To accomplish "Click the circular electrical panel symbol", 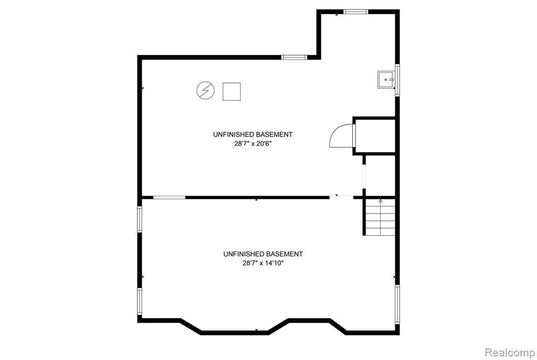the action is point(206,90).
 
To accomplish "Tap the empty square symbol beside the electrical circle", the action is point(231,91).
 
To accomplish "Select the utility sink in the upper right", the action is point(386,80).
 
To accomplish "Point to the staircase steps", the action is point(381,217).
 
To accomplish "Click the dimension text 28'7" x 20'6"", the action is point(253,144).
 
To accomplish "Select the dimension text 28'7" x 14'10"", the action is point(263,263).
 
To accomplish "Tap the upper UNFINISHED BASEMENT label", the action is point(253,134).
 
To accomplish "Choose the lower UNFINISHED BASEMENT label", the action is point(263,254).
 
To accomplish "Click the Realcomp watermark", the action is point(510,352).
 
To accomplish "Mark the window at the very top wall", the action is point(356,12).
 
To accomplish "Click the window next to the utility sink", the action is point(398,80).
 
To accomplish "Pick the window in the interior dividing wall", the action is point(169,197).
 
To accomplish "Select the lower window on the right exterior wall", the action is point(398,304).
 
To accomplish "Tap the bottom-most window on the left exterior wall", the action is point(139,301).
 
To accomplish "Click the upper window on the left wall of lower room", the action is point(139,219).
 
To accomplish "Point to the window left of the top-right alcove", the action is point(294,57).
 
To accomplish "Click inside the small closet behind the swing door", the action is point(375,136).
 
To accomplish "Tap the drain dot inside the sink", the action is point(385,80).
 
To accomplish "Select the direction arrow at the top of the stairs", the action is point(381,202).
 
